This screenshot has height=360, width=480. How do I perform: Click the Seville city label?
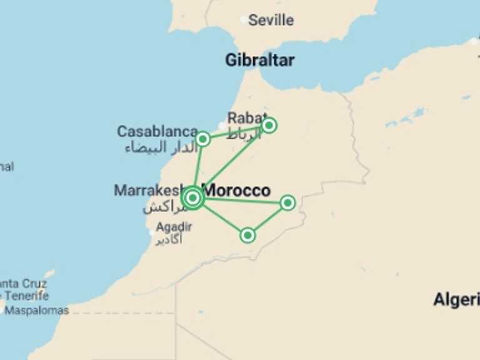(x=271, y=20)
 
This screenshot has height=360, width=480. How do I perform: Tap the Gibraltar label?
(x=259, y=60)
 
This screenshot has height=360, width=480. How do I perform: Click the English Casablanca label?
(x=157, y=132)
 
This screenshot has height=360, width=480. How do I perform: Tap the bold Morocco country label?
(x=238, y=190)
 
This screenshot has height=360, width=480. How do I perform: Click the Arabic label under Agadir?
(x=169, y=241)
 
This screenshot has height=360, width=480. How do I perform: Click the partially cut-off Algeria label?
(x=456, y=299)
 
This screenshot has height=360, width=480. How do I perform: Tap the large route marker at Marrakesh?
(x=192, y=198)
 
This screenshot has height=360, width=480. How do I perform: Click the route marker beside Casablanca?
(x=202, y=139)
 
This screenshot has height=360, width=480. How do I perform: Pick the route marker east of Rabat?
(x=269, y=126)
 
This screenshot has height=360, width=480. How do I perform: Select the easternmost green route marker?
(x=287, y=202)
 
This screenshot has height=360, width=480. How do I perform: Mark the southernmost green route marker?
(x=247, y=235)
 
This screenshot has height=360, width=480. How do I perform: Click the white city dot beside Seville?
(x=244, y=21)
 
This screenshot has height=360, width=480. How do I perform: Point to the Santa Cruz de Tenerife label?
(x=24, y=289)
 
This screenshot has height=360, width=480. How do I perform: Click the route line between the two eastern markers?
(x=267, y=219)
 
